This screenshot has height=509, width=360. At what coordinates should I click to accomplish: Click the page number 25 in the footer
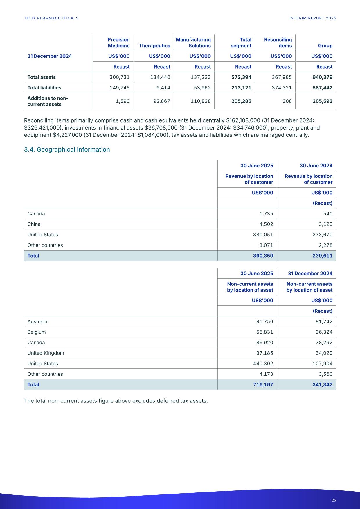334,500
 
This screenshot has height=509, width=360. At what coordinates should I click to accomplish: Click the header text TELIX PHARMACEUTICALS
51,18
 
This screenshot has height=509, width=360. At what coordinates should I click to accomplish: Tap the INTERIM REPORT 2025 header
313,18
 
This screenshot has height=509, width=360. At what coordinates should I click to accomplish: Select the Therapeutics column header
154,46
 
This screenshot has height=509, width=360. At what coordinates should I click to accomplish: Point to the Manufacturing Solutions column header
193,43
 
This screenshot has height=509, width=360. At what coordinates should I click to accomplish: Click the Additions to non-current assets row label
48,101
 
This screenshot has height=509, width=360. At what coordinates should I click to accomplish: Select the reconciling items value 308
287,101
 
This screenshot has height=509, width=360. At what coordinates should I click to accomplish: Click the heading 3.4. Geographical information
67,150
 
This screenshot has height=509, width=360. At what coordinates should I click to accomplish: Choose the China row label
34,224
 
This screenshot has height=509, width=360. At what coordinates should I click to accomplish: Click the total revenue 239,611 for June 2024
321,256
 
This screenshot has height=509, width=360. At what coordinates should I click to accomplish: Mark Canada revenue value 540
327,214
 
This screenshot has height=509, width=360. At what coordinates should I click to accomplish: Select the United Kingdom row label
46,353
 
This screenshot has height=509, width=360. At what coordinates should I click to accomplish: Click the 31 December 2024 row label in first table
50,56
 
